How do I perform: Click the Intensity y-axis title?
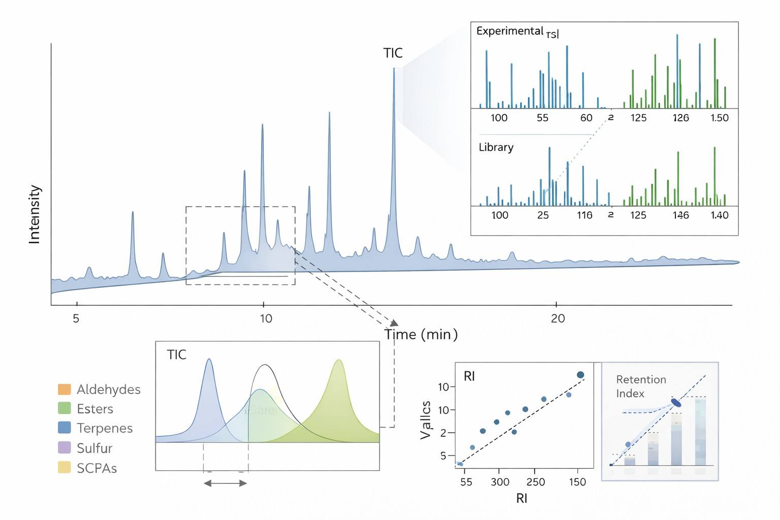[34, 214]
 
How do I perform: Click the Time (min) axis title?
[421, 335]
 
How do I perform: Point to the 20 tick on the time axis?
[558, 318]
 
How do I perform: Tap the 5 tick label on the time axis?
[76, 318]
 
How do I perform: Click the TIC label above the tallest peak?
[393, 53]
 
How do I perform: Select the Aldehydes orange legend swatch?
[64, 389]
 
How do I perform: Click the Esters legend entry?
[94, 409]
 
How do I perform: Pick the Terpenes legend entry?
[104, 428]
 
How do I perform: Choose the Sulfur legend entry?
[94, 448]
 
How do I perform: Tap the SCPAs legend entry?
[96, 468]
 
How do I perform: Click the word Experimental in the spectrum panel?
[509, 31]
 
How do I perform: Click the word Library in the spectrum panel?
[496, 147]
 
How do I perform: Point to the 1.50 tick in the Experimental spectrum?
[719, 118]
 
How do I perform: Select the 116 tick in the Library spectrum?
[584, 215]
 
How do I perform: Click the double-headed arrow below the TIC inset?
[225, 483]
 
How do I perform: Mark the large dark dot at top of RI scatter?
[580, 375]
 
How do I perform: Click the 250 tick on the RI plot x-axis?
[536, 482]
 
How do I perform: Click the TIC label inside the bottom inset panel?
[176, 354]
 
